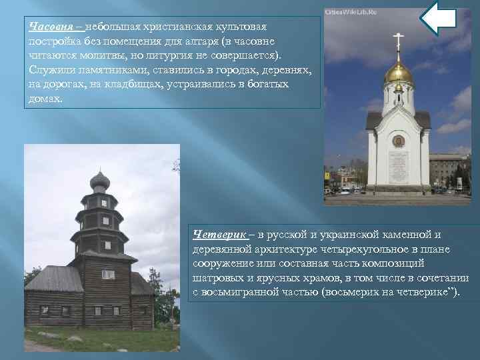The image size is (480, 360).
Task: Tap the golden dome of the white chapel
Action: coord(398,72)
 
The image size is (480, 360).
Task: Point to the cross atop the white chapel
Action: coord(398,39)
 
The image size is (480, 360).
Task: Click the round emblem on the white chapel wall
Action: coord(398,142)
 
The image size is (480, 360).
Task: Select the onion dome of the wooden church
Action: coord(100,180)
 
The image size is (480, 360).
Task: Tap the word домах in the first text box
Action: coord(45,99)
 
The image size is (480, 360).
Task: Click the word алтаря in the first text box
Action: coord(200,41)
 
